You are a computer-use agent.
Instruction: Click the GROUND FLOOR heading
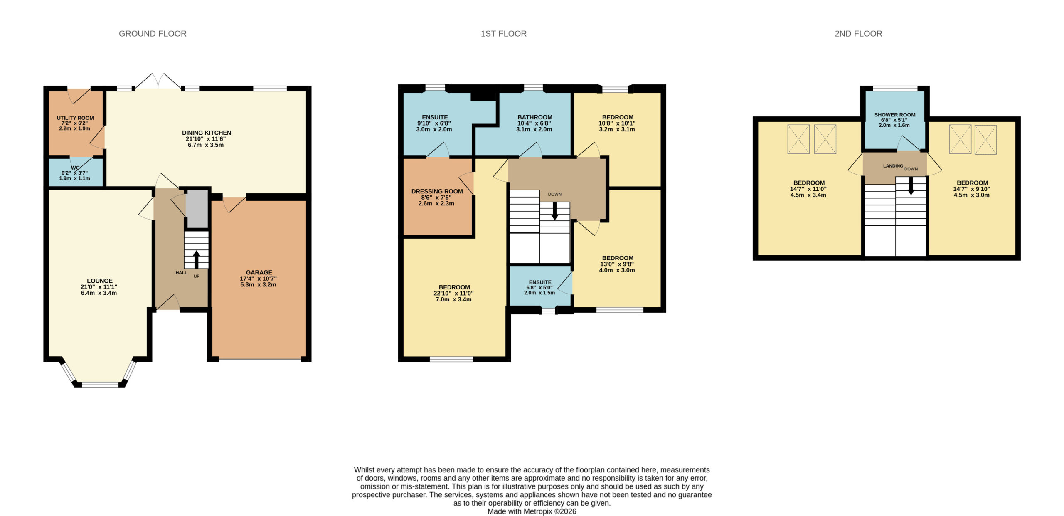[x=153, y=34]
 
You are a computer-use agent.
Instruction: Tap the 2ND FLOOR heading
[x=858, y=34]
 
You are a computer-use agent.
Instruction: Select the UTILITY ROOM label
[x=75, y=118]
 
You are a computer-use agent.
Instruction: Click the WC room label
[x=75, y=168]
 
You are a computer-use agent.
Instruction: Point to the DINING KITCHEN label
[x=207, y=133]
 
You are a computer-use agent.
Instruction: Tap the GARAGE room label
[x=259, y=272]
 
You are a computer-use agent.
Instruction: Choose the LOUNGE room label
[x=100, y=281]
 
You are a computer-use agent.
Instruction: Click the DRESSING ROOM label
[x=437, y=191]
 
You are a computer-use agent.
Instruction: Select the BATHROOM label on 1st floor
[x=535, y=117]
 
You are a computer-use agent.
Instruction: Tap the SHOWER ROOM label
[x=895, y=115]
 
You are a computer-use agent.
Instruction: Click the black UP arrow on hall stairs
[x=196, y=259]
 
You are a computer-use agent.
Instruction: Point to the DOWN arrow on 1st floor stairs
[x=554, y=211]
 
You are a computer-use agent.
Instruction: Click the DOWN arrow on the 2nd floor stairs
[x=911, y=186]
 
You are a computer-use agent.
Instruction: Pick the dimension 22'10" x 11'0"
[x=453, y=293]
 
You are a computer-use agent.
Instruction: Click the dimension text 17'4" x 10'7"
[x=258, y=279]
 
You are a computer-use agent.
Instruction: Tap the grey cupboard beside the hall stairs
[x=197, y=209]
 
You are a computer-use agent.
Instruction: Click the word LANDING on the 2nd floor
[x=893, y=166]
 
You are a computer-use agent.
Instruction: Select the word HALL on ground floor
[x=181, y=273]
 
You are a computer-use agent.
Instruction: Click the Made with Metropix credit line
[x=532, y=511]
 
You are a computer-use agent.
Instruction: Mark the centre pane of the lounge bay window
[x=100, y=384]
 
